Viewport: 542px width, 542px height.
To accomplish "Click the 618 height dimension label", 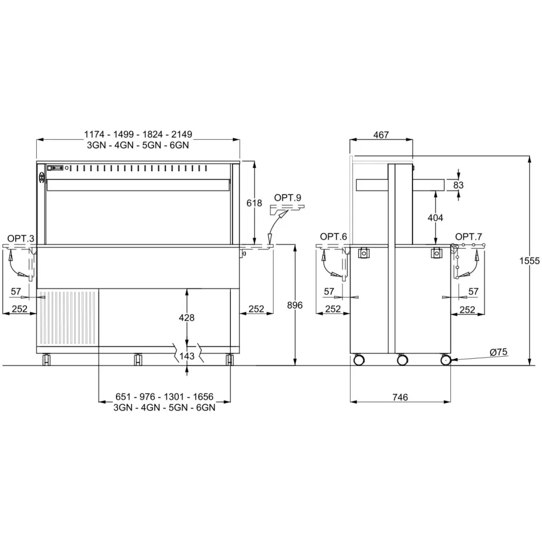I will pyautogui.click(x=254, y=203).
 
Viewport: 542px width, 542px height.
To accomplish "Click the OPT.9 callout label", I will pyautogui.click(x=287, y=198).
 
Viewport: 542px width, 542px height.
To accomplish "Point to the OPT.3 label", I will pyautogui.click(x=21, y=238).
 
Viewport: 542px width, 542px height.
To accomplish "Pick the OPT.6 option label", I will pyautogui.click(x=333, y=236).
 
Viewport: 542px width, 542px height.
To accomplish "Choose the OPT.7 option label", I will pyautogui.click(x=468, y=236).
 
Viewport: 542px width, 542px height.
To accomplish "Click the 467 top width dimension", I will pyautogui.click(x=381, y=135).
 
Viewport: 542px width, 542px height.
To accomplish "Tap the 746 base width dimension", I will pyautogui.click(x=399, y=397).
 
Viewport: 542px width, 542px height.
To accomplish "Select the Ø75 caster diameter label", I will pyautogui.click(x=498, y=352).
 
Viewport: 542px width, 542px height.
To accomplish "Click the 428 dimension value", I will pyautogui.click(x=186, y=318).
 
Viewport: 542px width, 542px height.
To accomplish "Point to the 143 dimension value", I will pyautogui.click(x=186, y=356).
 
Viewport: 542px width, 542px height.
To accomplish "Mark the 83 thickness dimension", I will pyautogui.click(x=459, y=185).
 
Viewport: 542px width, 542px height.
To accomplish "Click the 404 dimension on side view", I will pyautogui.click(x=435, y=217).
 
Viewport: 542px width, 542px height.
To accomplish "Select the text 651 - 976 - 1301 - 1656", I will pyautogui.click(x=165, y=398).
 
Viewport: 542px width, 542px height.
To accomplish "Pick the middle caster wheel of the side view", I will pyautogui.click(x=402, y=359).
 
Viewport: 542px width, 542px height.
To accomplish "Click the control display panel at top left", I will pyautogui.click(x=56, y=168).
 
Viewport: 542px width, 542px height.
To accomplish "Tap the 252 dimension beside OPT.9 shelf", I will pyautogui.click(x=256, y=309).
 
